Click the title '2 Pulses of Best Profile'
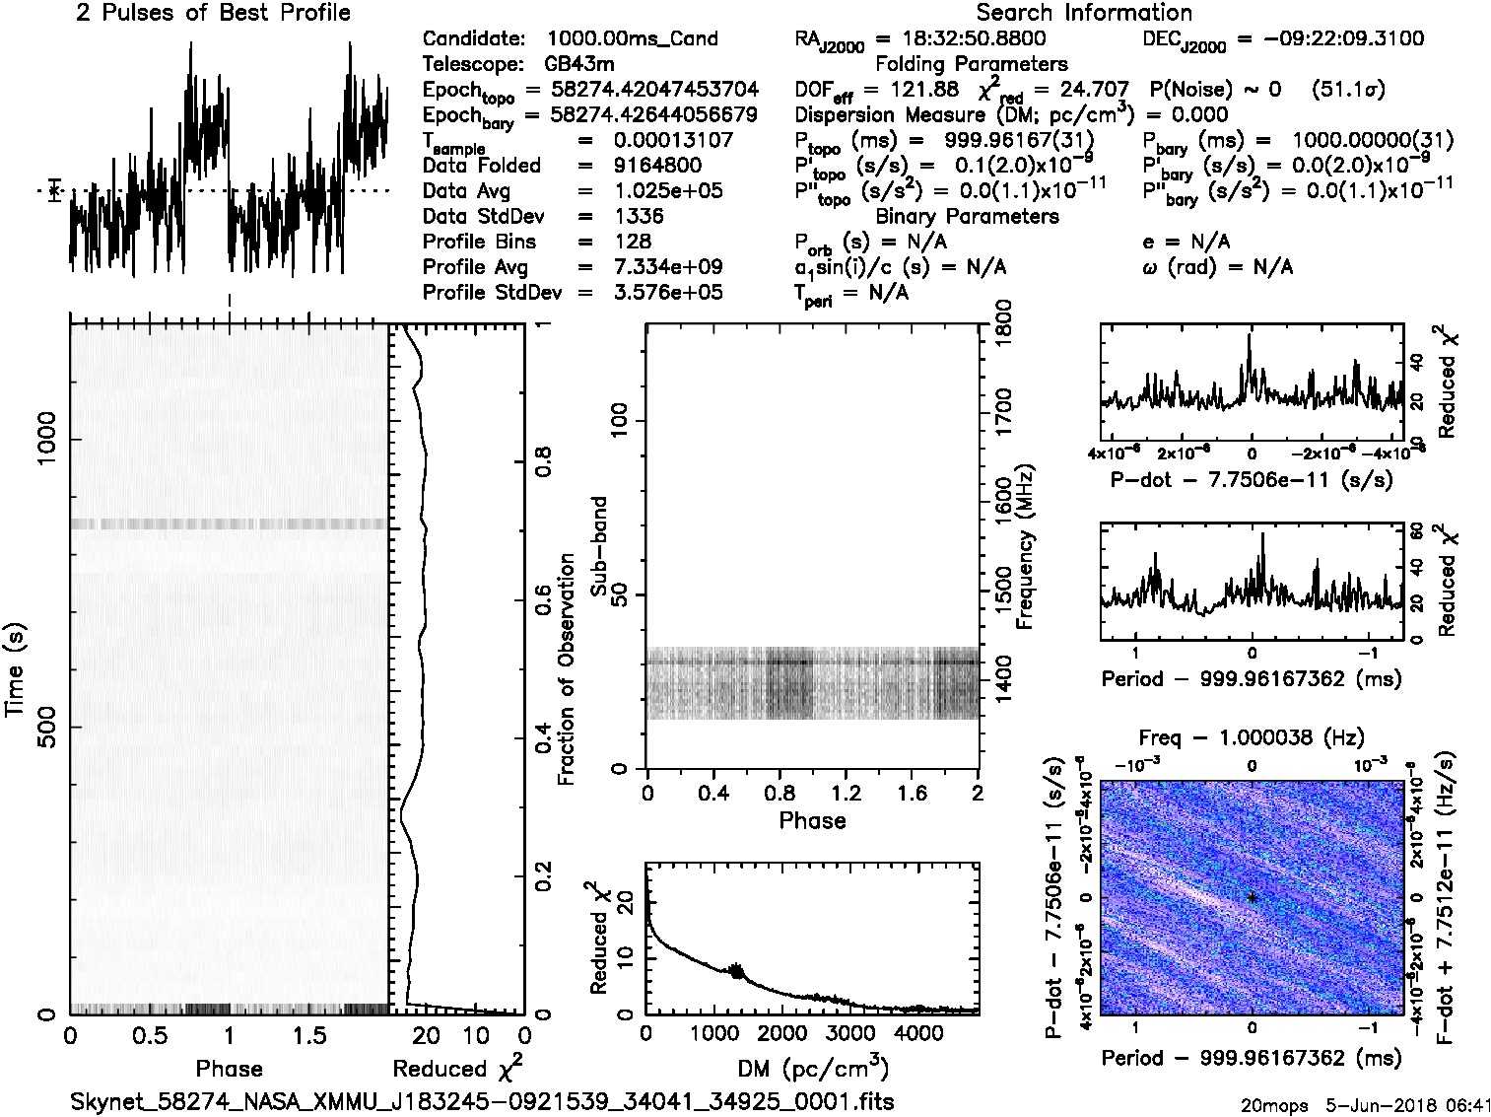coord(213,13)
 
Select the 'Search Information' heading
coord(1084,13)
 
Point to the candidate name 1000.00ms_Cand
coord(632,39)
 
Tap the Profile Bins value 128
coord(632,242)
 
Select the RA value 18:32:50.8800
coord(961,39)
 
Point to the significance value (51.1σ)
coord(1349,90)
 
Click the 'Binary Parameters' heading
coord(967,216)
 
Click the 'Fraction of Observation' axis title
coord(567,669)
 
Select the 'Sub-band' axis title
coord(599,546)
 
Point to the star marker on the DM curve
coord(735,971)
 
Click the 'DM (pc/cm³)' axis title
coord(813,1069)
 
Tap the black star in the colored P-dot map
coord(1252,897)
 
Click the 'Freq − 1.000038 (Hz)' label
coord(1252,737)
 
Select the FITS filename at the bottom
coord(482,1100)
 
